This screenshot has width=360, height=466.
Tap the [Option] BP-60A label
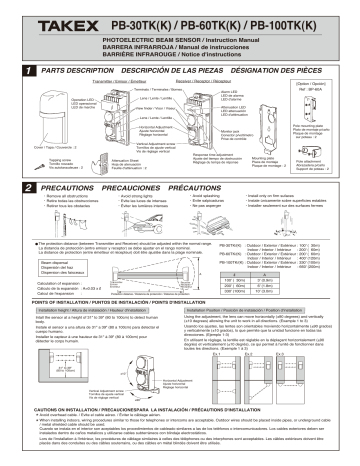coord(330,87)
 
